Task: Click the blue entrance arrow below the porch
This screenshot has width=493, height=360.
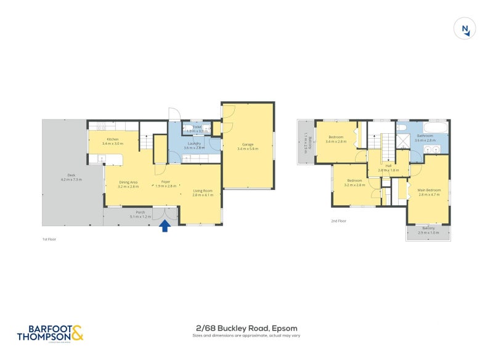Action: coord(165,226)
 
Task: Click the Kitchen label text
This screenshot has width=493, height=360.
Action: coord(113,140)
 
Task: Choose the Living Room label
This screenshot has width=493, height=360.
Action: coord(203,192)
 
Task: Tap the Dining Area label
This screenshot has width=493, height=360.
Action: coord(128,183)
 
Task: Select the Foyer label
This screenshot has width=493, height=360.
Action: coord(166,183)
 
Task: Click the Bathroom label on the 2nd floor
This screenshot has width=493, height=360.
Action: coord(425,137)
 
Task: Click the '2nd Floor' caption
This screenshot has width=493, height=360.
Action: coord(338,220)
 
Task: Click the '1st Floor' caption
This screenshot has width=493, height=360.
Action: coord(49,238)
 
